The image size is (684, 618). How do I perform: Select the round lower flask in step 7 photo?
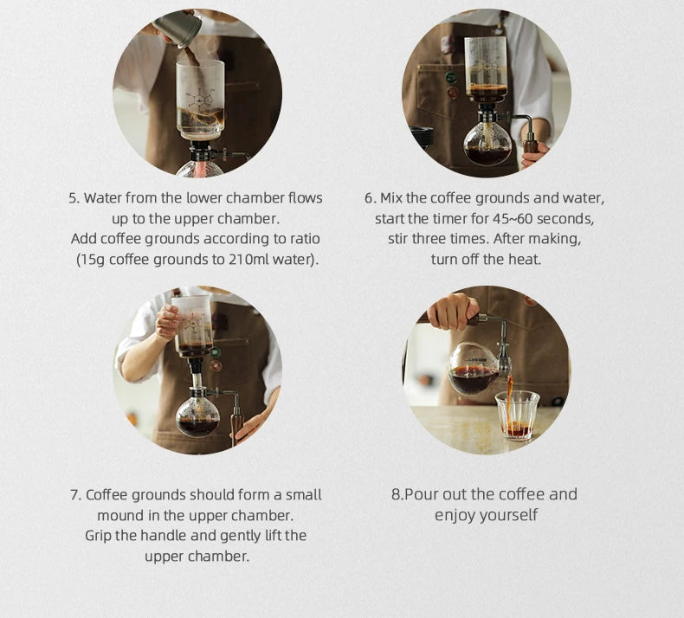197,415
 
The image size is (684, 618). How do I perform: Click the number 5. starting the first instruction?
74,197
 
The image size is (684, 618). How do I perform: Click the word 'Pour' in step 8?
422,494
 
